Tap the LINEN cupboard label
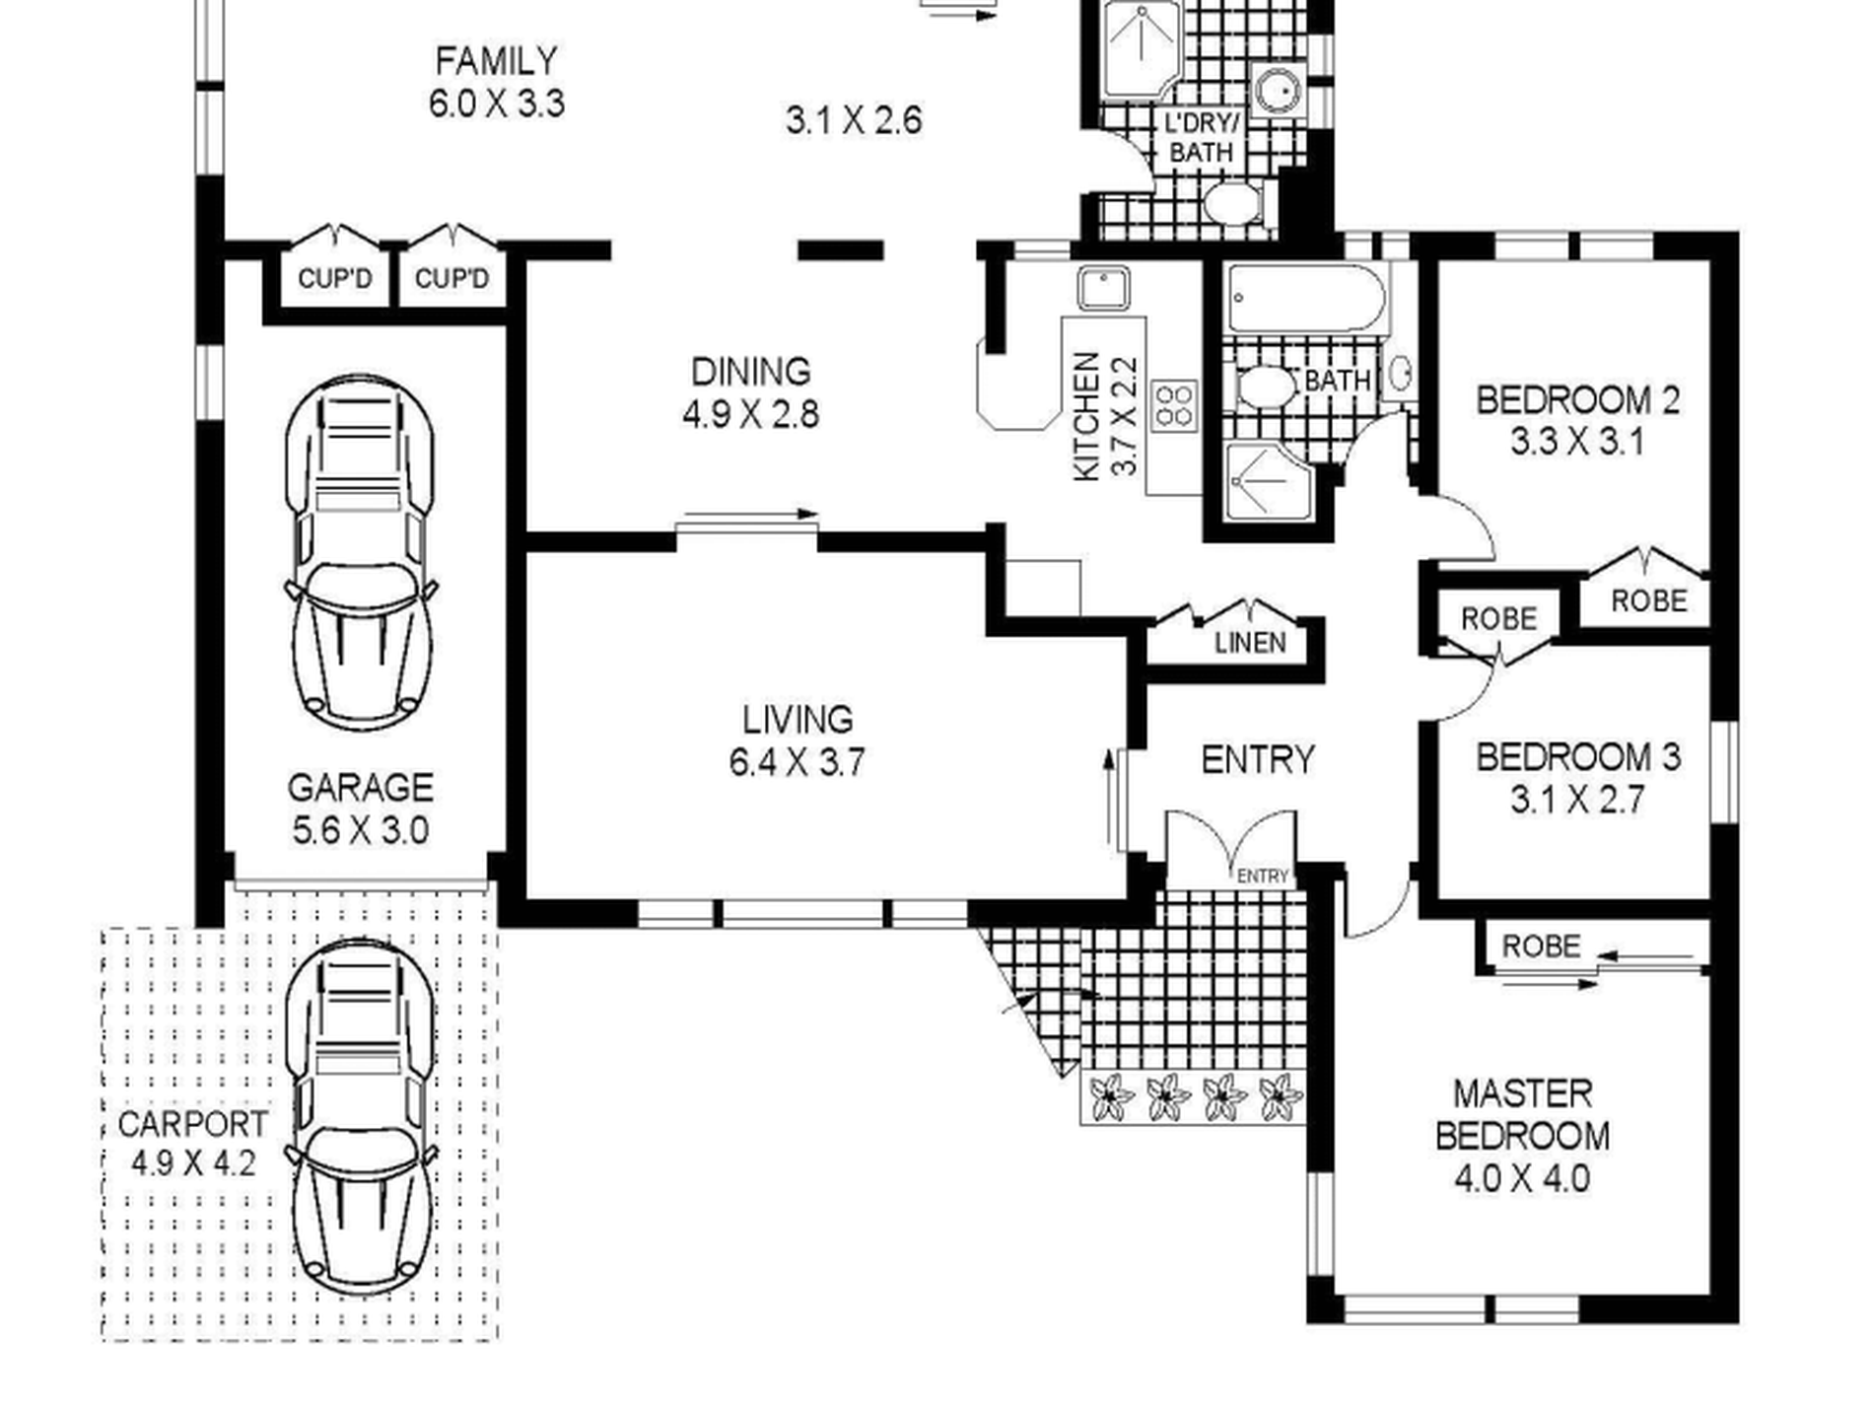(1250, 644)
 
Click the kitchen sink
(1104, 289)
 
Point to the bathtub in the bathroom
(1306, 298)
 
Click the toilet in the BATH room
(1268, 387)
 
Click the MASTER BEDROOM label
(1522, 1115)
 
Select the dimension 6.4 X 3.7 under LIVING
(798, 763)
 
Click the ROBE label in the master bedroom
(1541, 947)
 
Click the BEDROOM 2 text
(1577, 400)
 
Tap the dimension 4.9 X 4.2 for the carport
(193, 1163)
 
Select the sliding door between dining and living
(747, 523)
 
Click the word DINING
(751, 372)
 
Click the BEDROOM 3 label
(1577, 757)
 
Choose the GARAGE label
(361, 788)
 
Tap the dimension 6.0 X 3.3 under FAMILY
(497, 104)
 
